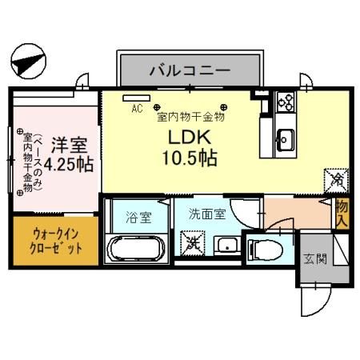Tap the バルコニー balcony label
point(190,71)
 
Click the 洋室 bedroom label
point(69,146)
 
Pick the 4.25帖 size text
point(69,165)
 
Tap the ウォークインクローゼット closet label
point(57,240)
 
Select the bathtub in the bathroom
point(136,247)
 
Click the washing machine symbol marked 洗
point(192,241)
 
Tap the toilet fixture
point(265,247)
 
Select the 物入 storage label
point(342,214)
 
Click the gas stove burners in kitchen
point(286,103)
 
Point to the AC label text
point(136,106)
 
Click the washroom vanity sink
point(229,246)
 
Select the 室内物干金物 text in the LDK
point(190,116)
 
